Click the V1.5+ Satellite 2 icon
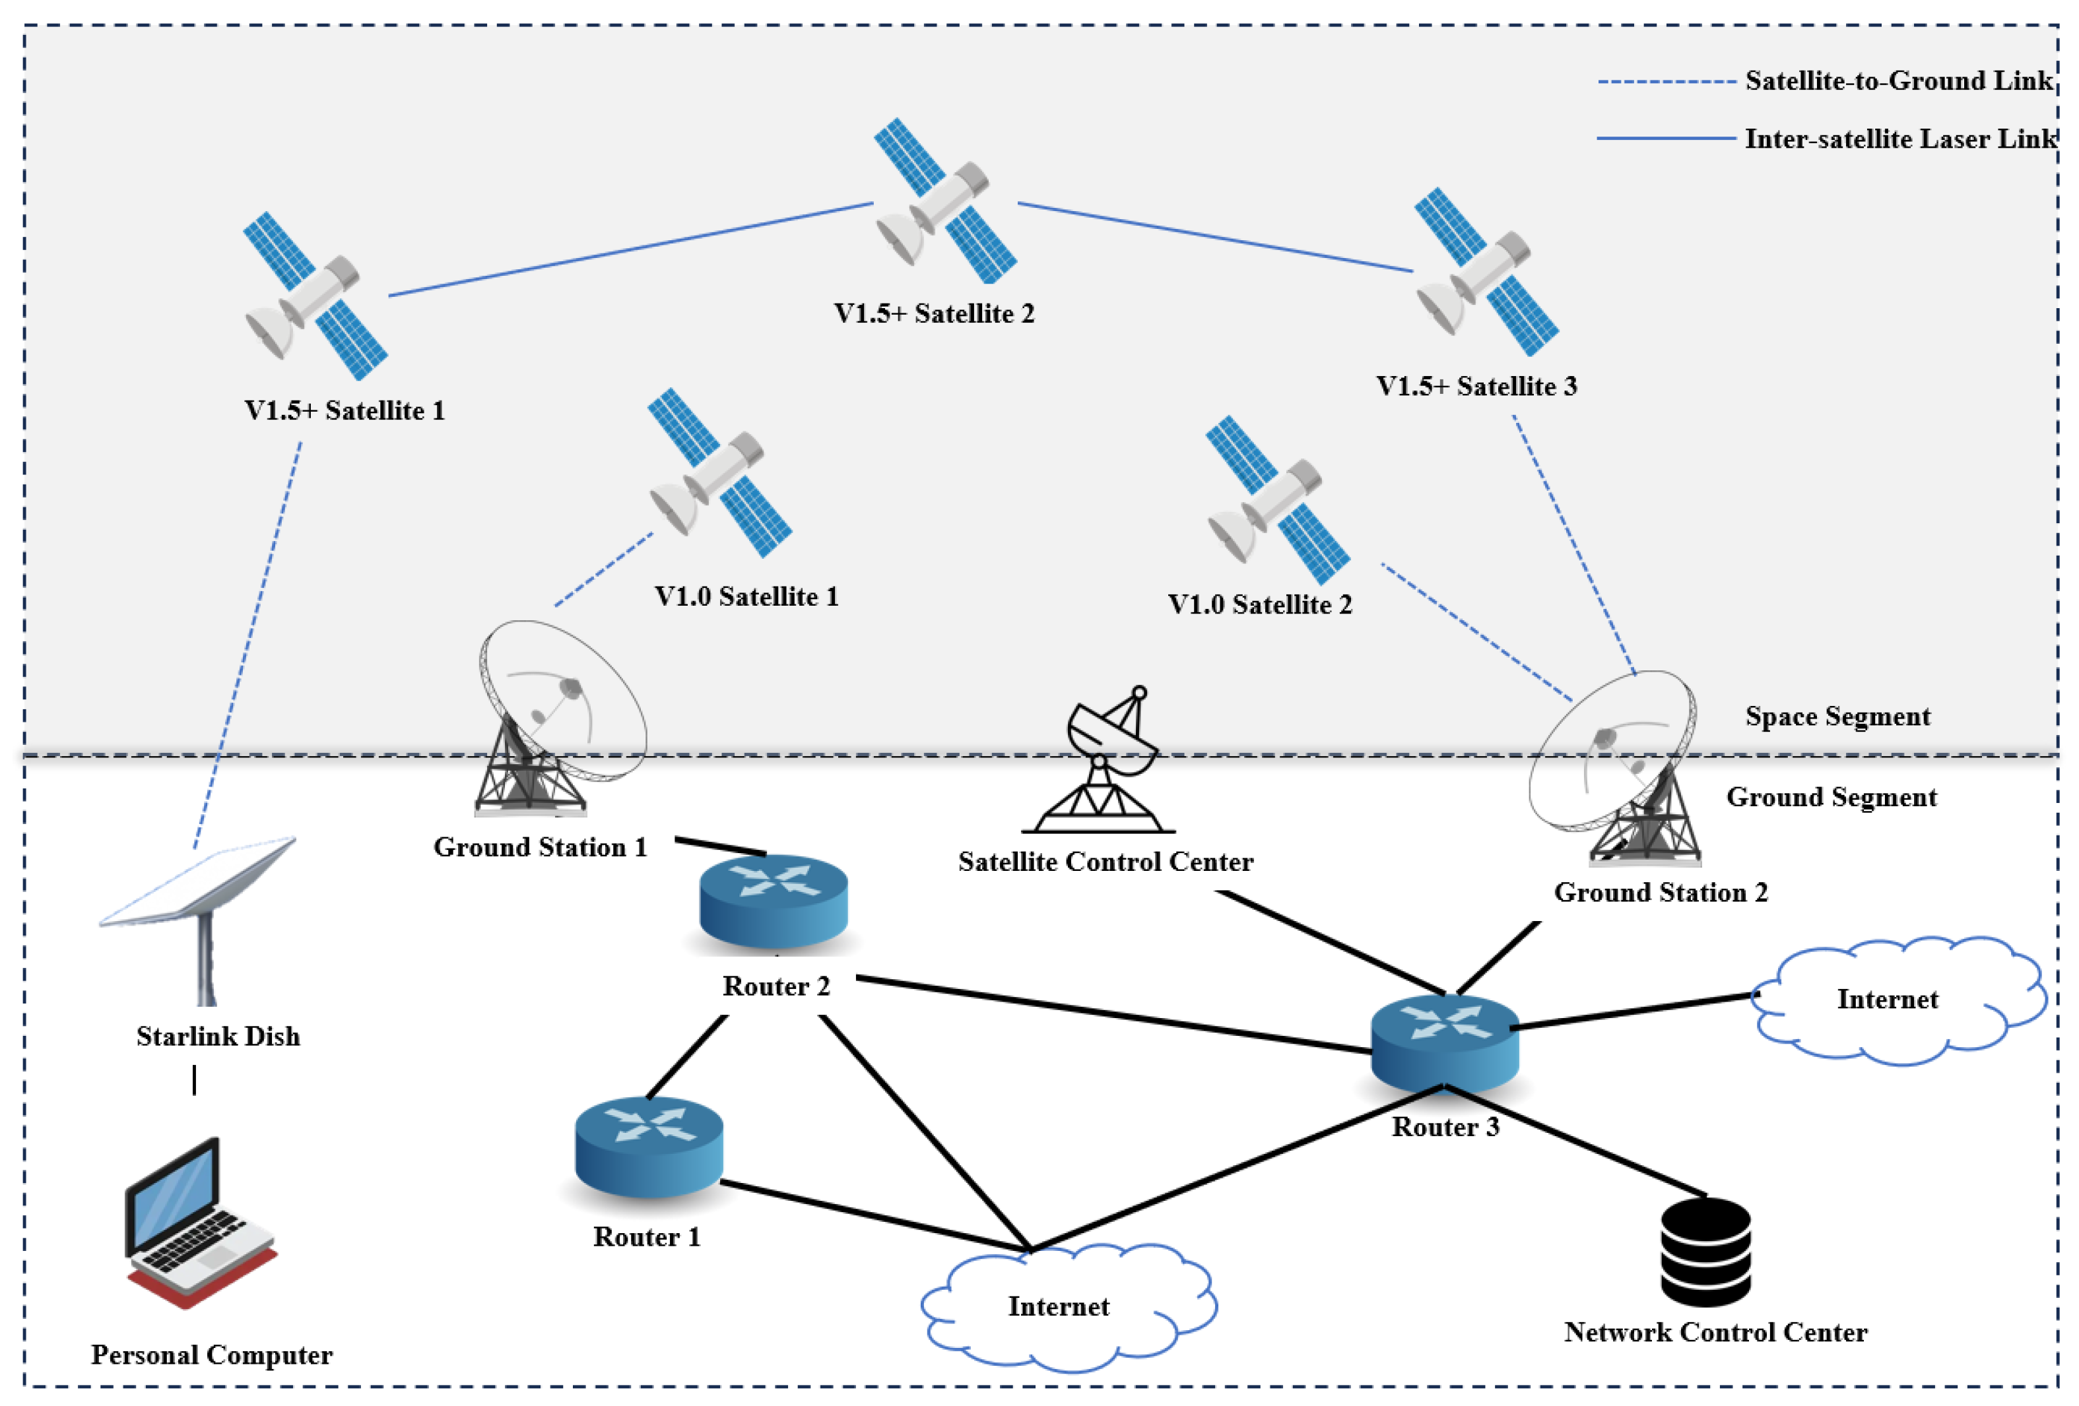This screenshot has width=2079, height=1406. coord(944,201)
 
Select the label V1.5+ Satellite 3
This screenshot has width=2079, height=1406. coord(1476,387)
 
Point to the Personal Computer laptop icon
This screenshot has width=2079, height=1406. coord(199,1223)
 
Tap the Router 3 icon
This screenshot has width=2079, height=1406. coord(1445,1042)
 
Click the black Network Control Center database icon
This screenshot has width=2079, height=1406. coord(1705,1252)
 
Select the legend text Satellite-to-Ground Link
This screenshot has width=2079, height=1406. coord(1898,80)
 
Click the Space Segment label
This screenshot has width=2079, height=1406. coord(1837,717)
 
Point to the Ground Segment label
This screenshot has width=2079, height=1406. coord(1831,797)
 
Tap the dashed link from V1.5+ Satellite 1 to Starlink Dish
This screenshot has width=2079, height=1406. coord(247,644)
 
